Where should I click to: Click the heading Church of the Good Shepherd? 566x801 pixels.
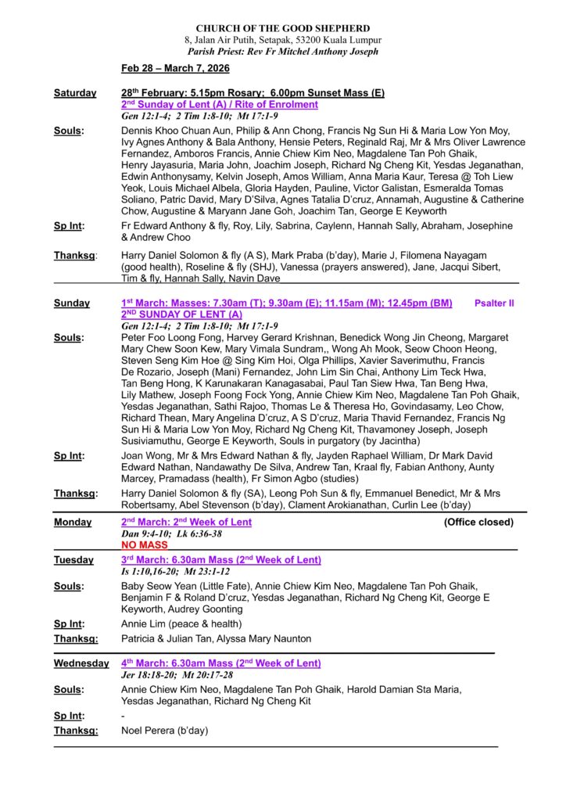[x=283, y=28]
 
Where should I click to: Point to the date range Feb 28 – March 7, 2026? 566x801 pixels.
[x=170, y=69]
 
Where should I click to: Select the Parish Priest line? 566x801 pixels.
[x=283, y=52]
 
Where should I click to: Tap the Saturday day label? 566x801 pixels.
[x=75, y=93]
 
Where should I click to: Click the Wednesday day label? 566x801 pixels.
[x=81, y=663]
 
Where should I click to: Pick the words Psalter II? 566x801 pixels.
[x=494, y=303]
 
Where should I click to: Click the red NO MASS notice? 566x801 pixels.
[x=145, y=544]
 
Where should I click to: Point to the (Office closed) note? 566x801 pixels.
[x=478, y=522]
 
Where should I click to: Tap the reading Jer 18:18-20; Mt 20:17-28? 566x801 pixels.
[x=177, y=674]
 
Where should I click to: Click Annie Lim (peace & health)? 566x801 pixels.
[x=181, y=624]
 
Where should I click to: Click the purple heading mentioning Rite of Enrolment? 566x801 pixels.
[x=220, y=104]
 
